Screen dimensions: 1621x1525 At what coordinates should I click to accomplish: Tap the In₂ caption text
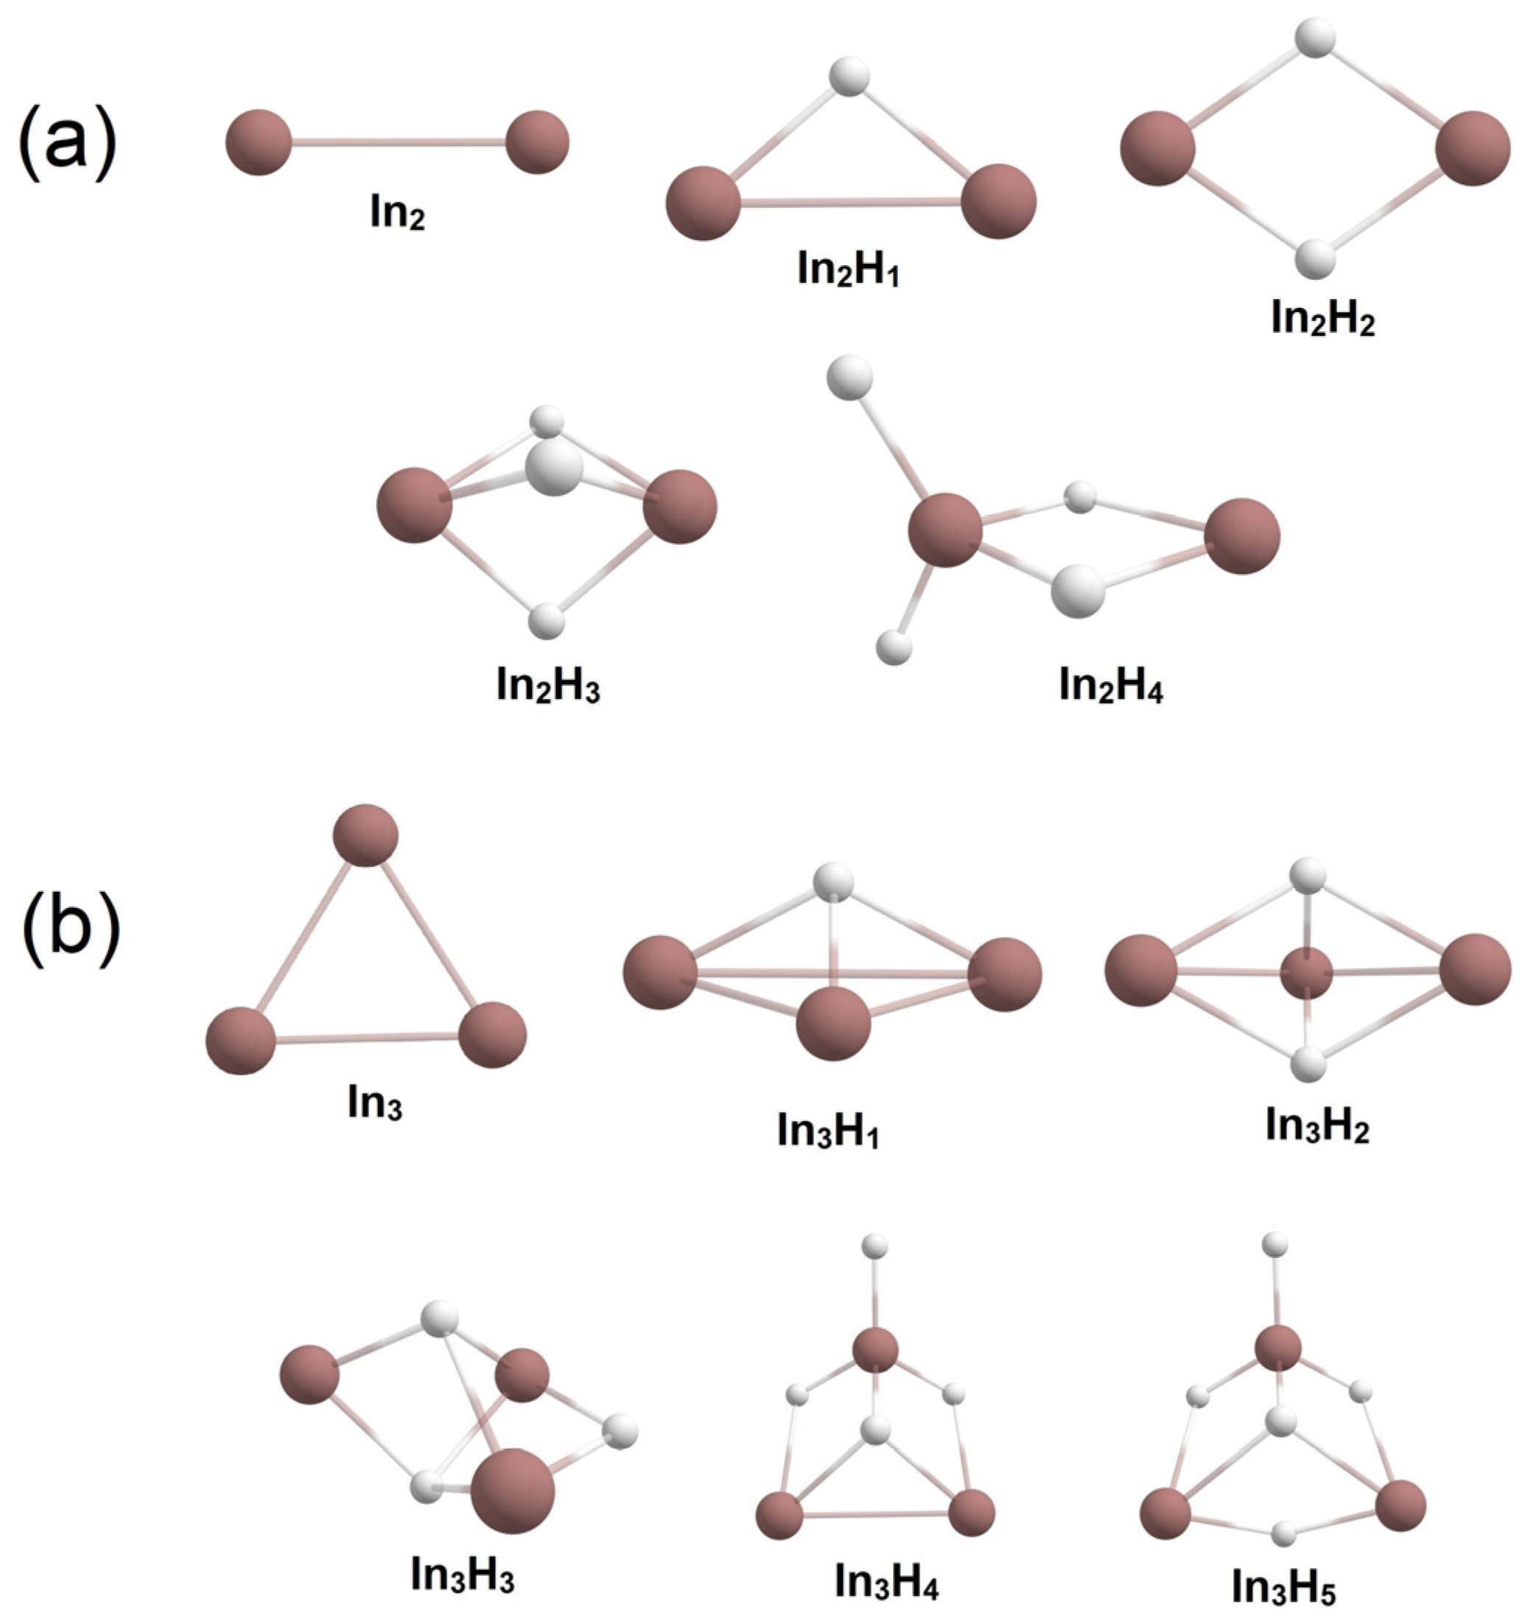397,214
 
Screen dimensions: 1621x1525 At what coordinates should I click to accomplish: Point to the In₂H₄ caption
1111,686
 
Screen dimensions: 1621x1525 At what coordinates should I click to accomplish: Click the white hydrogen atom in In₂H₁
849,77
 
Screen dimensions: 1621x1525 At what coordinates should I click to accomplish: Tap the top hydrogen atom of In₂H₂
1316,38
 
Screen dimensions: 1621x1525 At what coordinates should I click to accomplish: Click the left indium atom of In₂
259,142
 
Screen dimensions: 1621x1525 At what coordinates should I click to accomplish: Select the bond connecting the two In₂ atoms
398,143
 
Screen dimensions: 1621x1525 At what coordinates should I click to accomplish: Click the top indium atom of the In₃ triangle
365,835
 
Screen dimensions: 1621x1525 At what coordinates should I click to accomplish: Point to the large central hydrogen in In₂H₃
554,469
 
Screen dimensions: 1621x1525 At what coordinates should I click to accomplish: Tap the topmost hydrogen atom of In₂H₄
849,378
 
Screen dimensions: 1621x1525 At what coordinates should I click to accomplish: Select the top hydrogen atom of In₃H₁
833,882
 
